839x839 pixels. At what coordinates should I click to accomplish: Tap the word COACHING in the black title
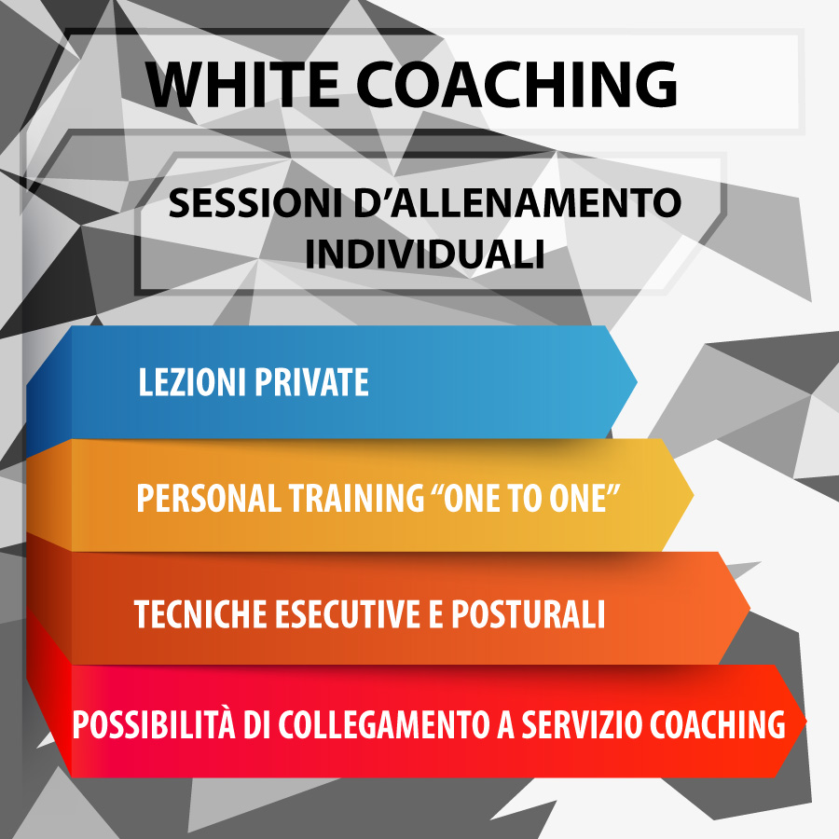pyautogui.click(x=517, y=84)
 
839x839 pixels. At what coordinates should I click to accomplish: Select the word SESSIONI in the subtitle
pyautogui.click(x=254, y=203)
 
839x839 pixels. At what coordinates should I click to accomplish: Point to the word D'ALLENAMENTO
pyautogui.click(x=517, y=203)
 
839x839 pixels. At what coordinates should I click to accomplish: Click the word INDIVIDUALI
pyautogui.click(x=425, y=254)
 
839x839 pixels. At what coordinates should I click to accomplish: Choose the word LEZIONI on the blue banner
pyautogui.click(x=192, y=382)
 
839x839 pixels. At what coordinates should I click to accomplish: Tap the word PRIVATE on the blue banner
pyautogui.click(x=311, y=382)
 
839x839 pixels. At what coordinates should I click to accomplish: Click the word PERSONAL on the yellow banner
pyautogui.click(x=209, y=498)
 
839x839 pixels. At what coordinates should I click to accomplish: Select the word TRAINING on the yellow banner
pyautogui.click(x=357, y=498)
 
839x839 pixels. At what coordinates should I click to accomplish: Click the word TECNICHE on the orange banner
pyautogui.click(x=200, y=613)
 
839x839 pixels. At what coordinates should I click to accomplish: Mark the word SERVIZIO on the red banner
pyautogui.click(x=582, y=725)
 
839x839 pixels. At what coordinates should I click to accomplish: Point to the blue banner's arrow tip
pyautogui.click(x=637, y=382)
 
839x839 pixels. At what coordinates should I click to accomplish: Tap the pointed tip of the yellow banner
pyautogui.click(x=694, y=496)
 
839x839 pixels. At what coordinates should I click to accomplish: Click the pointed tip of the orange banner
pyautogui.click(x=750, y=609)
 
